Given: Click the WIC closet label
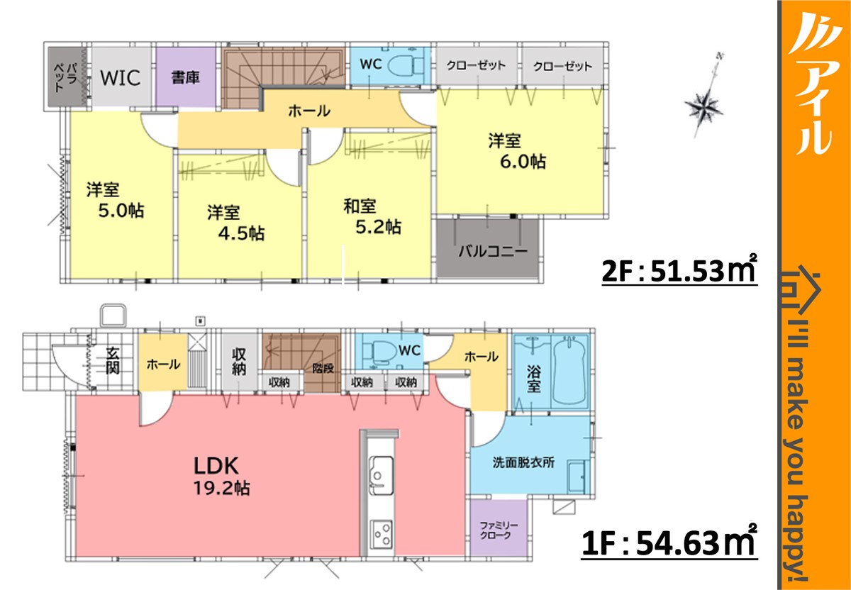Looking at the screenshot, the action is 121,77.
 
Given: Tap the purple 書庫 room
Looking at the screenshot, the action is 186,77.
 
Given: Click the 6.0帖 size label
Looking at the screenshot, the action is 523,162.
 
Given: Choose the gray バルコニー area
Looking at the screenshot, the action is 487,248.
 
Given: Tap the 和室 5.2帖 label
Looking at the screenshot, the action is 372,217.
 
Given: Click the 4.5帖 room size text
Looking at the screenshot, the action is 241,233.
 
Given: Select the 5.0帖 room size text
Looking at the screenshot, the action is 121,211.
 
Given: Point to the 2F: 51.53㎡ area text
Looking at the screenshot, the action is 679,270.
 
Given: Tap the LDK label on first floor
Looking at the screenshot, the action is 216,466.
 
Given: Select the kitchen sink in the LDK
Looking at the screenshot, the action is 381,475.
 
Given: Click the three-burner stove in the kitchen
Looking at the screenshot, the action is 382,534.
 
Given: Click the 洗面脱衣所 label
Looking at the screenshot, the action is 523,462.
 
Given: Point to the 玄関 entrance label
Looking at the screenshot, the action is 113,360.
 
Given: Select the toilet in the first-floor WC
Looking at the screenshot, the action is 379,352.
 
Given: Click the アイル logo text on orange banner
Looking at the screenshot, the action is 814,84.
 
